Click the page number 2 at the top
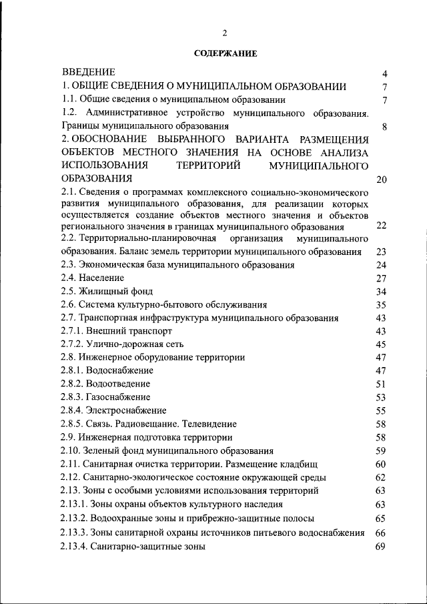(225, 33)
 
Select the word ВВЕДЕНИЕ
(89, 72)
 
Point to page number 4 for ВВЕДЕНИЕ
(385, 73)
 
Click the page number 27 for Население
(382, 278)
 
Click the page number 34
(382, 292)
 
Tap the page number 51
(382, 384)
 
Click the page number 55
(382, 410)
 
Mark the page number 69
(382, 547)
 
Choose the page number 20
(382, 180)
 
